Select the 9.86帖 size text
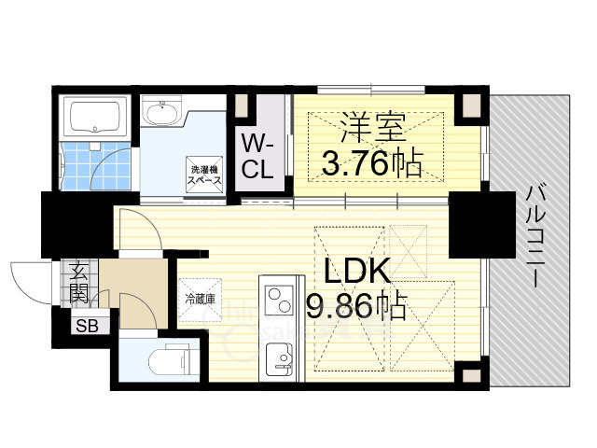click(x=357, y=305)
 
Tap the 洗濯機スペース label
click(x=205, y=174)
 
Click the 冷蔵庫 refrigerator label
click(x=200, y=300)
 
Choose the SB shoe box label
click(x=87, y=326)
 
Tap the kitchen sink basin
click(x=278, y=356)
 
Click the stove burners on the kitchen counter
click(x=278, y=301)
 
